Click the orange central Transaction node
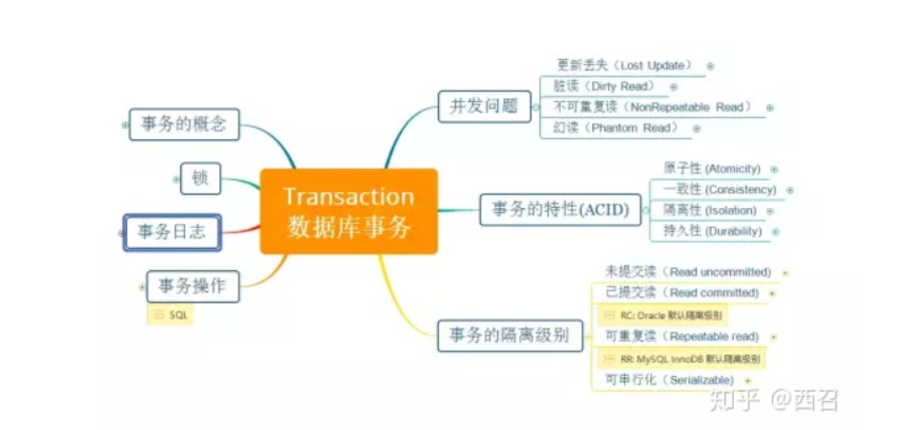pos(348,211)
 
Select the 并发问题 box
pos(484,106)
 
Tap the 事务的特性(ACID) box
pos(559,210)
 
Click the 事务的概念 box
pos(184,124)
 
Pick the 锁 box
pos(200,178)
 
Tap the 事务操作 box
pos(193,286)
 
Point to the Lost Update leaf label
pos(625,65)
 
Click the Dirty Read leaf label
pos(604,86)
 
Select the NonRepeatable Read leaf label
pos(651,107)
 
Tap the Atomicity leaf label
pos(712,169)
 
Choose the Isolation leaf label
pos(710,210)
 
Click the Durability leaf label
pos(712,231)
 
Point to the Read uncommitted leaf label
pos(688,272)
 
